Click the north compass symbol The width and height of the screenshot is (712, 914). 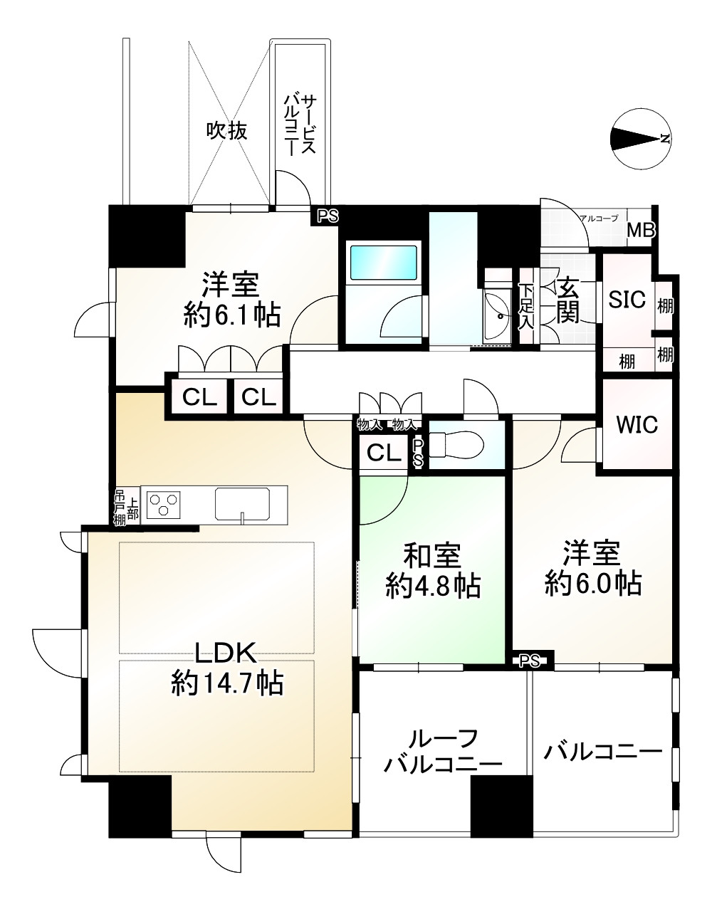tap(640, 140)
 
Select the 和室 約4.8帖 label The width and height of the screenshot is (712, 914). tap(432, 569)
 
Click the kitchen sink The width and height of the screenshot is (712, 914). tap(243, 504)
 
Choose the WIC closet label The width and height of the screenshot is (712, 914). tap(637, 425)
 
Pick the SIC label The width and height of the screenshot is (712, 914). tap(627, 300)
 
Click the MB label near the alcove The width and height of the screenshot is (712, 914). tap(640, 231)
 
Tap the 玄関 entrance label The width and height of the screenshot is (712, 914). tap(567, 300)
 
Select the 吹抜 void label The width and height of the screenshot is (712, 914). tap(227, 130)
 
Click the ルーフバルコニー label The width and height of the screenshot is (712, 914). tap(443, 751)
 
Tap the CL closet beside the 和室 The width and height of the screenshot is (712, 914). tap(384, 453)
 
